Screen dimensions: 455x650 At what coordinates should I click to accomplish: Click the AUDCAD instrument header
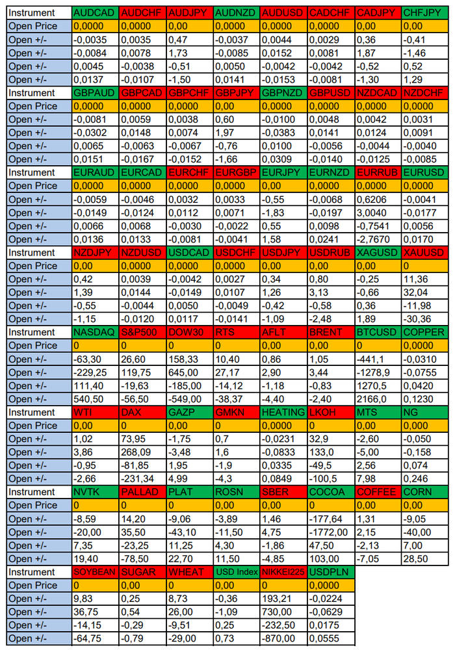coord(96,13)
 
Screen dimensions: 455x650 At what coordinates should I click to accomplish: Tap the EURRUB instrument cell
coord(378,172)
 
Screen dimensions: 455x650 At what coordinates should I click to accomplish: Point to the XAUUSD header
coord(425,252)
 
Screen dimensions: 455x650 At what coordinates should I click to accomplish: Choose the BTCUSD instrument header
coord(378,332)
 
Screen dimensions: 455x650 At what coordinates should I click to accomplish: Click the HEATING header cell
coord(284,413)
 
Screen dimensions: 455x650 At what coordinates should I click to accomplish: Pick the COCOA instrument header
coord(331,492)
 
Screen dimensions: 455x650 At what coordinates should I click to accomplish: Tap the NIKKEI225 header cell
coord(284,572)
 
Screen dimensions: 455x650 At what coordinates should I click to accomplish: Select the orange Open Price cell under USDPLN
coord(331,586)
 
